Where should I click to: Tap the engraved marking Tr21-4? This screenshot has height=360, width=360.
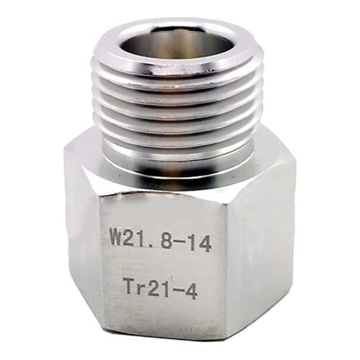point(160,284)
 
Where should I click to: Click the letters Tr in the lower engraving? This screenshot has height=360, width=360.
point(132,284)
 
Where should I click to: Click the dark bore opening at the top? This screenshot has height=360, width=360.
point(176,45)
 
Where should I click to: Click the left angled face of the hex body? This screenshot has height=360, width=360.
point(81,238)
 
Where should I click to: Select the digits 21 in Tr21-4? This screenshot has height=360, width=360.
point(159,284)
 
